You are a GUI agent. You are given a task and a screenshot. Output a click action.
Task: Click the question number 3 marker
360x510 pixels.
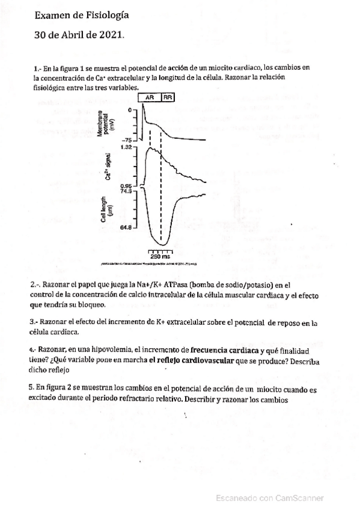(x=32, y=322)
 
